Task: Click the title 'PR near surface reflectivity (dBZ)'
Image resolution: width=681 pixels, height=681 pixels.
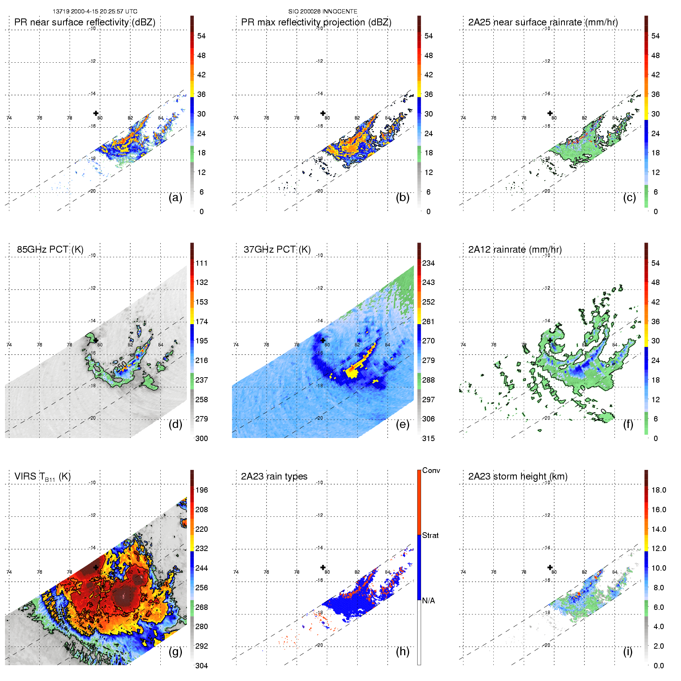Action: click(x=85, y=22)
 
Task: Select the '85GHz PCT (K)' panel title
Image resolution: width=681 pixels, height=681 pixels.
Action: click(x=50, y=250)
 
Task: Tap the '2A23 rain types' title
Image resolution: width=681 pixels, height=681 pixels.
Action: click(x=274, y=476)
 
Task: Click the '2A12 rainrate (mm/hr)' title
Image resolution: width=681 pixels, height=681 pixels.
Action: click(x=515, y=250)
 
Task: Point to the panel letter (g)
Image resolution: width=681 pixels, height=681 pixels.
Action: click(x=175, y=651)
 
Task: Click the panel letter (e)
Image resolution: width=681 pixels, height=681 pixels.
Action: click(x=403, y=424)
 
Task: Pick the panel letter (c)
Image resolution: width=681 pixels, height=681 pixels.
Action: click(x=629, y=197)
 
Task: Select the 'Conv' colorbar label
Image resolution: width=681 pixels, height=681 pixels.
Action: click(x=431, y=470)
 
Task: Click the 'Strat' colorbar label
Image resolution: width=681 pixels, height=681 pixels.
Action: click(x=430, y=535)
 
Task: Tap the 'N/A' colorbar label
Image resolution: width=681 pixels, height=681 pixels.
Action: click(x=428, y=601)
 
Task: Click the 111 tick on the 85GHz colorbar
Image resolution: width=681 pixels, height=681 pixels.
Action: click(x=201, y=263)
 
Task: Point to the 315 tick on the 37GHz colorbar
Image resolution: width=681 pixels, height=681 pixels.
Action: click(x=428, y=438)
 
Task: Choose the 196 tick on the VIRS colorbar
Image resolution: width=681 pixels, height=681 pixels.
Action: click(x=201, y=490)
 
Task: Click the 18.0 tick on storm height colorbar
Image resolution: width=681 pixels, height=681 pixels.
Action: click(x=658, y=490)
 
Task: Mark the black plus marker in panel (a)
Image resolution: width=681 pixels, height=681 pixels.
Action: click(x=96, y=113)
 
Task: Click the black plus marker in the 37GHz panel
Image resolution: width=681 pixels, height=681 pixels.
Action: click(x=323, y=340)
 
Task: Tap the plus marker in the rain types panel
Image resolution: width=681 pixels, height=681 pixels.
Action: click(x=323, y=567)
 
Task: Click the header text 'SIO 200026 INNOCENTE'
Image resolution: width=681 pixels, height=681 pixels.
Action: click(x=323, y=12)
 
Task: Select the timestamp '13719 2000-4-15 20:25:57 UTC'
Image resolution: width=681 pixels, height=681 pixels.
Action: click(x=95, y=12)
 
